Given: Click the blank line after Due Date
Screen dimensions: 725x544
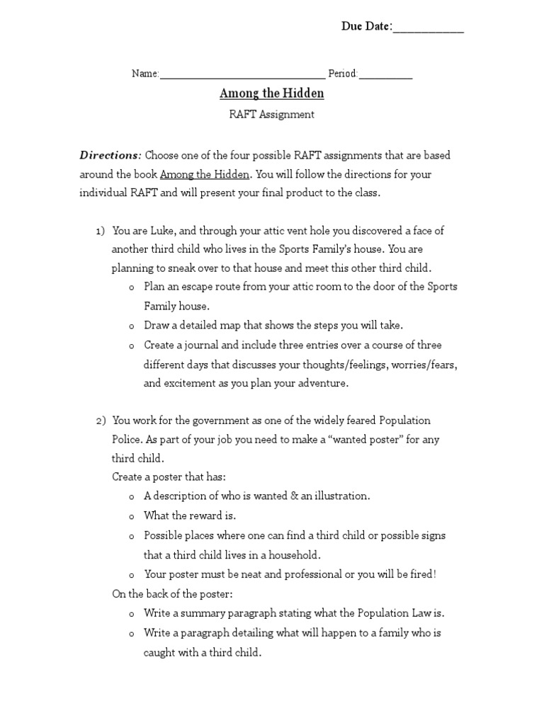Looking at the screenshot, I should [x=428, y=30].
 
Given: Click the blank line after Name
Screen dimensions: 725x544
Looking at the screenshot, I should [x=242, y=76].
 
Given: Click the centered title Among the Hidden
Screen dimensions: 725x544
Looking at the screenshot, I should [x=272, y=94].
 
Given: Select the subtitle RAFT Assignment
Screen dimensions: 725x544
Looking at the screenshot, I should [x=272, y=114].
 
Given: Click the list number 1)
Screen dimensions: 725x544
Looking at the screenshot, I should [x=100, y=231].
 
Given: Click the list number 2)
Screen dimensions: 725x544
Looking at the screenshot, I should [x=100, y=421].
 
